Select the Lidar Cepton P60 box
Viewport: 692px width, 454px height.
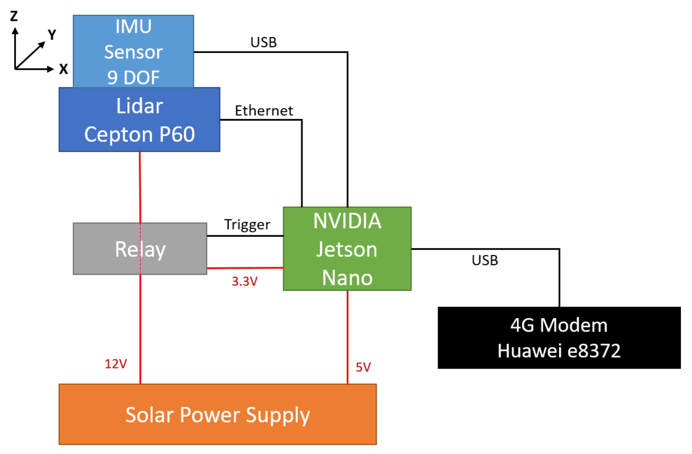(x=139, y=120)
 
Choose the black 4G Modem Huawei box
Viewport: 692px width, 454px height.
(x=559, y=338)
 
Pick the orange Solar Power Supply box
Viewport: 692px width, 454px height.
(x=218, y=414)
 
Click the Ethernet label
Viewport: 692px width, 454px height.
(x=264, y=111)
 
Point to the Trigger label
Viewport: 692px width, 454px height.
(x=247, y=225)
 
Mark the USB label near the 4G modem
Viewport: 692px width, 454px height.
(x=485, y=260)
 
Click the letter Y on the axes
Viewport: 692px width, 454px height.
(x=52, y=35)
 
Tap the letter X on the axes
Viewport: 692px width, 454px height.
(x=63, y=69)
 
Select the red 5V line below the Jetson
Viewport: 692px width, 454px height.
(x=347, y=337)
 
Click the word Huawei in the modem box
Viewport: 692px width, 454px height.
(x=529, y=351)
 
